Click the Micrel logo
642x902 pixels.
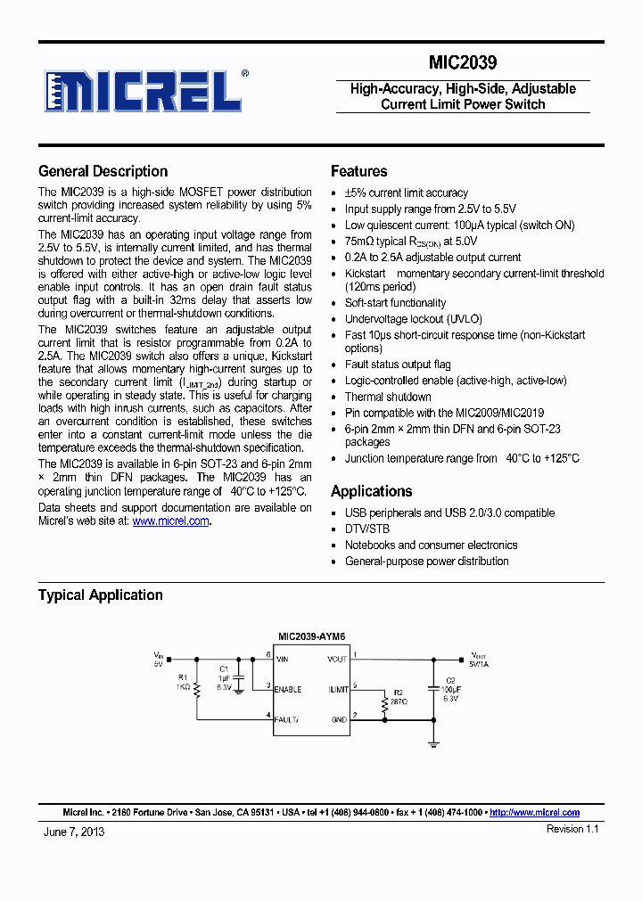(143, 90)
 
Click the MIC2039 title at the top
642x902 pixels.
(462, 63)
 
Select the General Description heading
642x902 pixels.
(103, 171)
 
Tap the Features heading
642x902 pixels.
(358, 171)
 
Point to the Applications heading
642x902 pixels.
(371, 491)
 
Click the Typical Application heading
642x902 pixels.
(100, 594)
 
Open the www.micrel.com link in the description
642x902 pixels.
(170, 521)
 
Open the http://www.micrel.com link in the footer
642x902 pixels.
(534, 812)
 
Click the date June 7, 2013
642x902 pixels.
(74, 831)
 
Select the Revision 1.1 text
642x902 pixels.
(572, 829)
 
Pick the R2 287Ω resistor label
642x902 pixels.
(399, 697)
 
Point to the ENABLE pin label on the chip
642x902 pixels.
(288, 689)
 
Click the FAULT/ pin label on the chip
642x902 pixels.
(287, 718)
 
